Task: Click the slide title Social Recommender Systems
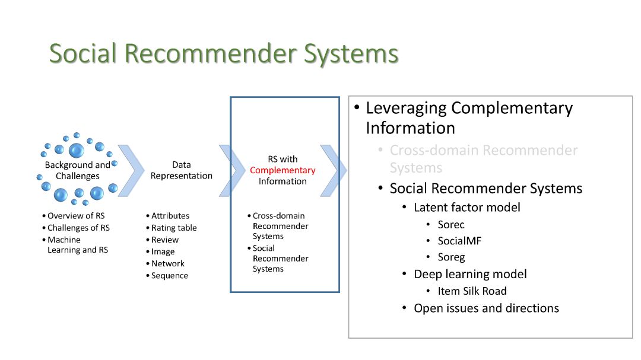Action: pyautogui.click(x=223, y=53)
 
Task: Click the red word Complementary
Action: pyautogui.click(x=283, y=170)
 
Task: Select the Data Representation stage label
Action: pyautogui.click(x=181, y=170)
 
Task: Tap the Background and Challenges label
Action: pyautogui.click(x=78, y=170)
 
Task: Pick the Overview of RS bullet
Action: pyautogui.click(x=76, y=216)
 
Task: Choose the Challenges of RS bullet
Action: pyautogui.click(x=78, y=228)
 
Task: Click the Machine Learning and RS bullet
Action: pyautogui.click(x=78, y=245)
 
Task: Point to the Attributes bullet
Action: pyautogui.click(x=170, y=216)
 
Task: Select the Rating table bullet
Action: pyautogui.click(x=174, y=228)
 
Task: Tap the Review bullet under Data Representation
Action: pyautogui.click(x=165, y=240)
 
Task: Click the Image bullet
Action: pyautogui.click(x=163, y=251)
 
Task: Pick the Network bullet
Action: pyautogui.click(x=168, y=263)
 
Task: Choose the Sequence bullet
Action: pyautogui.click(x=170, y=276)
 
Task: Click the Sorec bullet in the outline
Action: pyautogui.click(x=451, y=225)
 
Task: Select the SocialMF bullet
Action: pyautogui.click(x=460, y=241)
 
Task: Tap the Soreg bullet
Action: pyautogui.click(x=451, y=257)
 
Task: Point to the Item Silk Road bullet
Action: pyautogui.click(x=472, y=291)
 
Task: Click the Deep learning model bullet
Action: pyautogui.click(x=470, y=274)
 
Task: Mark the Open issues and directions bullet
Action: pyautogui.click(x=486, y=308)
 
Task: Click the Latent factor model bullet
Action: pyautogui.click(x=467, y=208)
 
